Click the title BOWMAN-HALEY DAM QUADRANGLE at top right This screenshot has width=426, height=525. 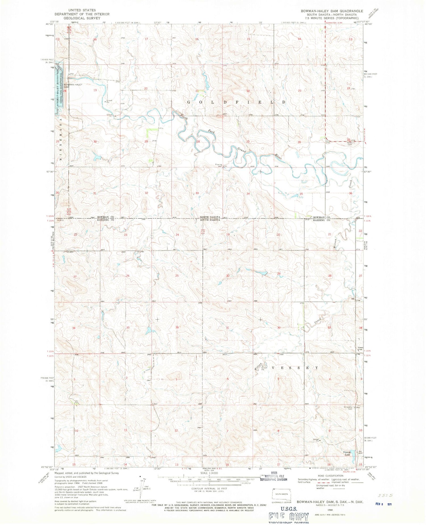tap(328, 11)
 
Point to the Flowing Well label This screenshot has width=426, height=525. tap(218, 165)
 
